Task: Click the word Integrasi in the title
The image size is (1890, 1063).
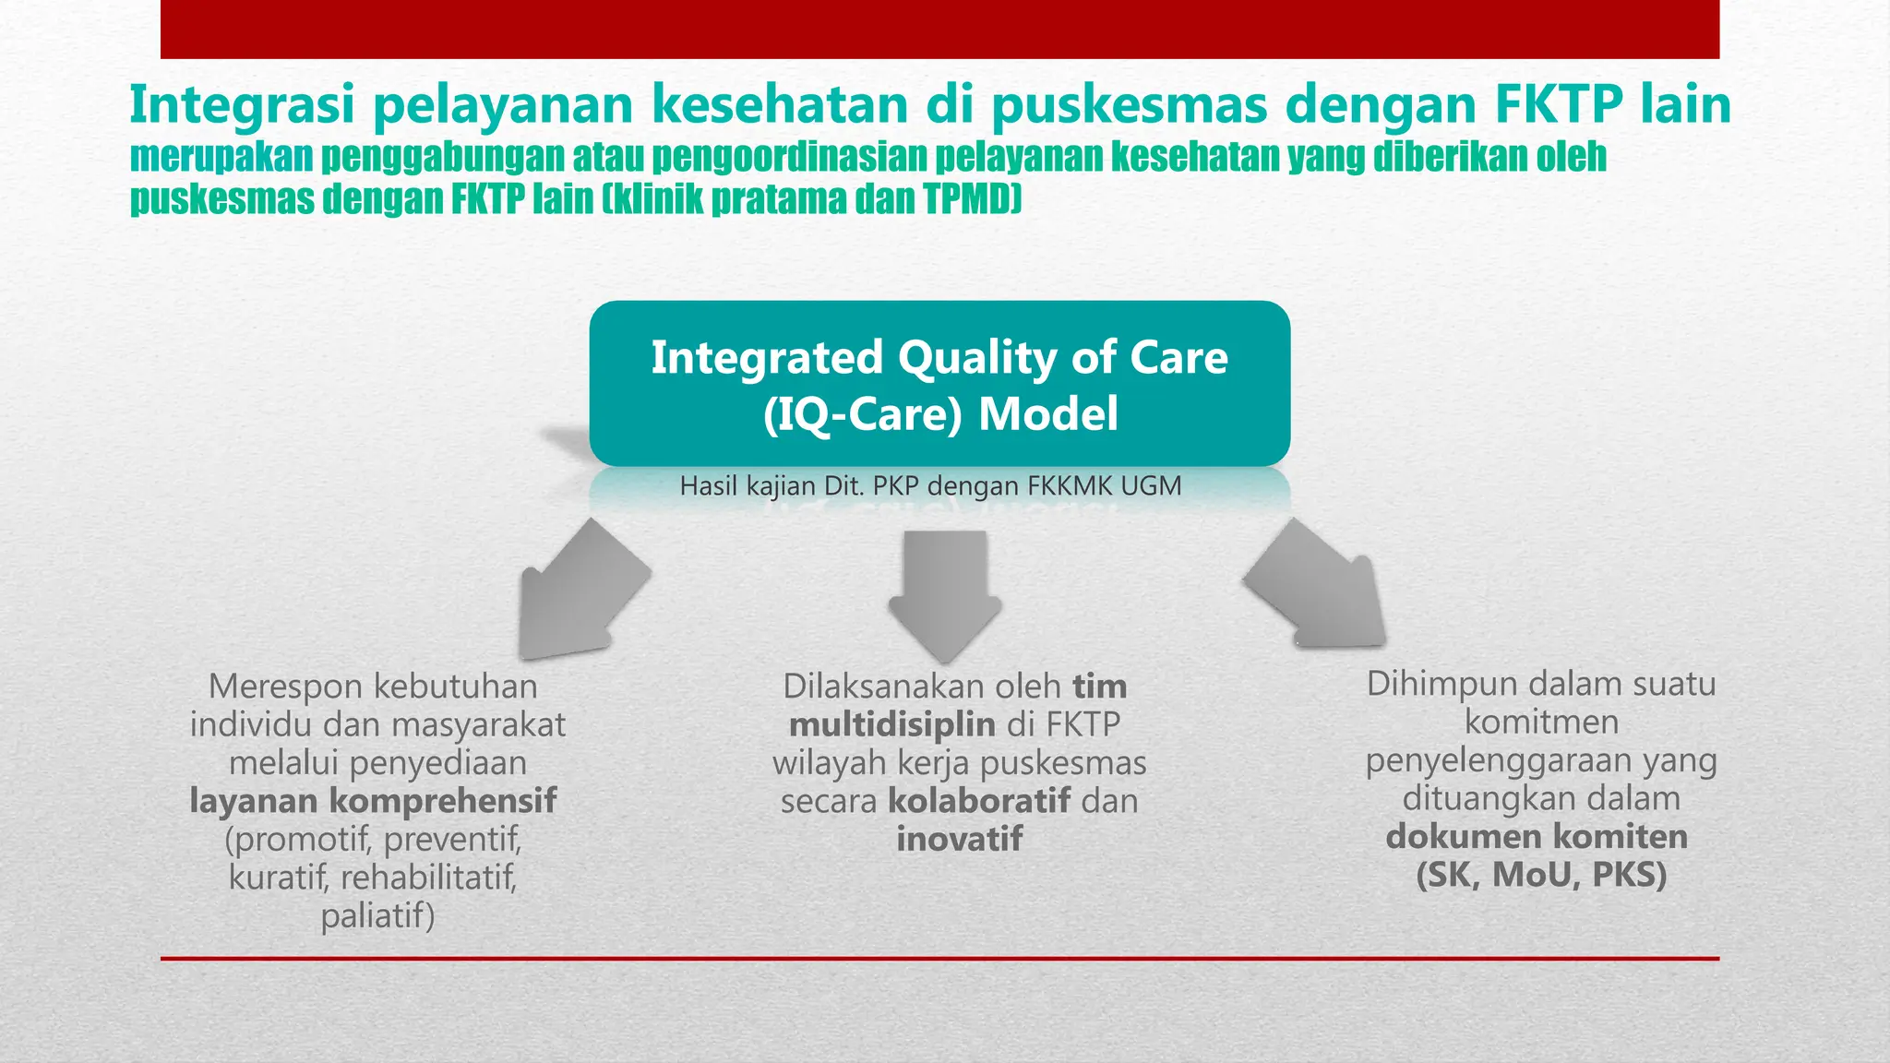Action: pyautogui.click(x=242, y=105)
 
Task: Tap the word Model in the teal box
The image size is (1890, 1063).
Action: pyautogui.click(x=1048, y=413)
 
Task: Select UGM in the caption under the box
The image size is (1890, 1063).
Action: pyautogui.click(x=1151, y=486)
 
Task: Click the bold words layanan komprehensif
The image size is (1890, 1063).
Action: pyautogui.click(x=373, y=801)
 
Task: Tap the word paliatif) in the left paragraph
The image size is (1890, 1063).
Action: pyautogui.click(x=377, y=916)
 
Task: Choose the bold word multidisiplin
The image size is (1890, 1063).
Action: pyautogui.click(x=891, y=724)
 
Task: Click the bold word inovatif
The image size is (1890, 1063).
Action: pyautogui.click(x=960, y=839)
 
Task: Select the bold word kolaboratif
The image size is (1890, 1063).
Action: pyautogui.click(x=979, y=801)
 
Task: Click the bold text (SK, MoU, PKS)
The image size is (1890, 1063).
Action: pyautogui.click(x=1541, y=874)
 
